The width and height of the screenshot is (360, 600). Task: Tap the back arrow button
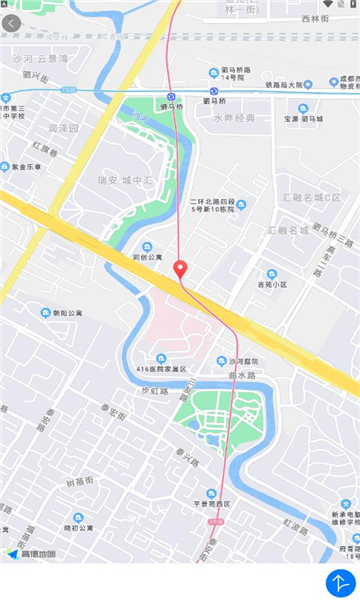pos(12,23)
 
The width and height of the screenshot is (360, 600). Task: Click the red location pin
pos(181,270)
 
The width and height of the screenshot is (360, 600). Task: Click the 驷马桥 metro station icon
pos(171,96)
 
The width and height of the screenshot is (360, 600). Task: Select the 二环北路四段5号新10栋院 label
pos(211,205)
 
